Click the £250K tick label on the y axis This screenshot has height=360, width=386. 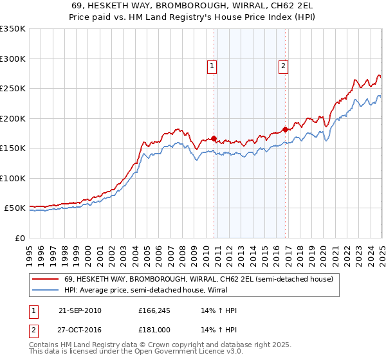pos(13,89)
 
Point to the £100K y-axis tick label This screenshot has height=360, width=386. pos(13,178)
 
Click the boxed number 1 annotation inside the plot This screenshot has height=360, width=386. pos(212,64)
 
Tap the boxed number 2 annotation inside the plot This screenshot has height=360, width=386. pos(283,64)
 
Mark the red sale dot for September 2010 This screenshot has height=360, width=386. pos(214,138)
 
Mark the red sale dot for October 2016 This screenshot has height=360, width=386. pos(285,129)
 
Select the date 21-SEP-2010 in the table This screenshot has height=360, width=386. pos(80,310)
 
